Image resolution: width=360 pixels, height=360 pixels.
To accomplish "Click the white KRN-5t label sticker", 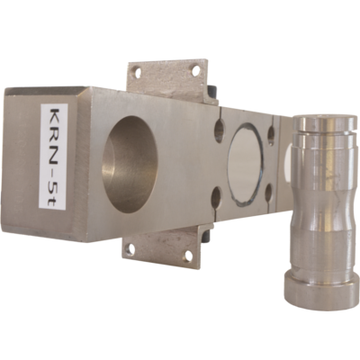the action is [x=54, y=157].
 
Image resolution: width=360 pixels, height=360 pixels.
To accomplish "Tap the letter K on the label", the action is [x=54, y=117].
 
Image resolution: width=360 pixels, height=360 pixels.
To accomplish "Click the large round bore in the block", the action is [x=130, y=164].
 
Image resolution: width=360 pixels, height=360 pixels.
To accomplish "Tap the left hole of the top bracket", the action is [x=138, y=72].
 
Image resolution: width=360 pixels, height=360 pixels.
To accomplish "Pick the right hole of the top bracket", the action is [x=195, y=71].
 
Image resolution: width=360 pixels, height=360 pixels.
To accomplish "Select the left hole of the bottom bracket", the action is [x=130, y=248].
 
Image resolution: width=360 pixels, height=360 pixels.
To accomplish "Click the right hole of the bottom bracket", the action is [x=188, y=256].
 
